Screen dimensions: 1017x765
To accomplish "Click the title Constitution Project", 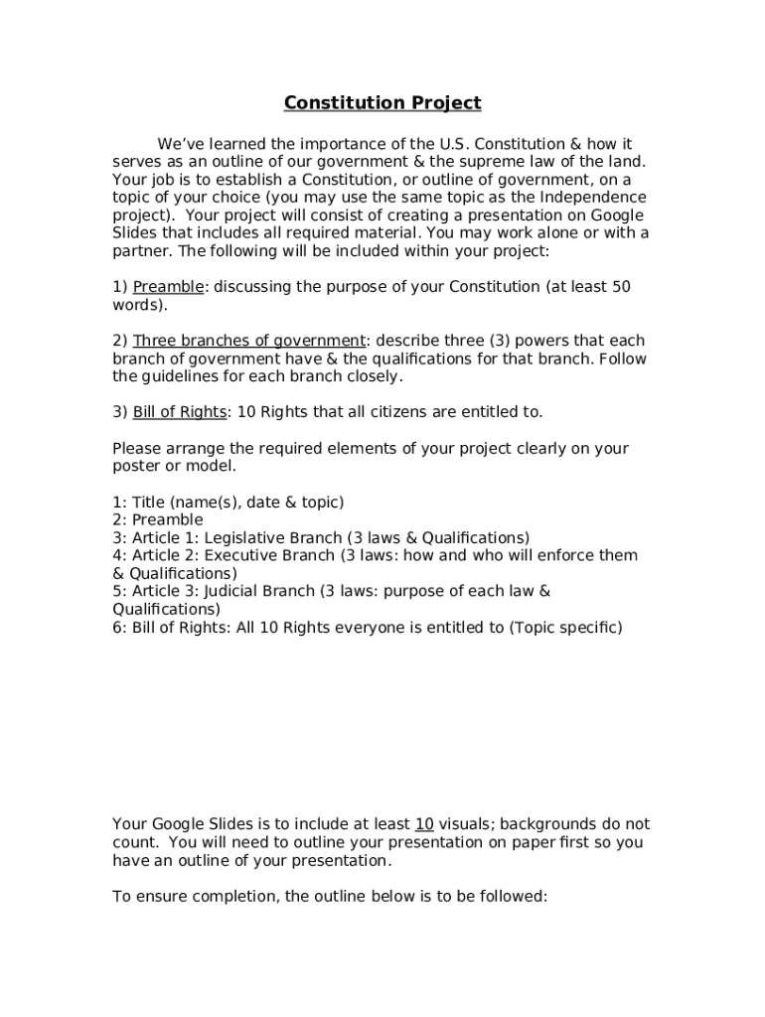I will pyautogui.click(x=382, y=103).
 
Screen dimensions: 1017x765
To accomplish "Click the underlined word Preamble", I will pyautogui.click(x=168, y=287).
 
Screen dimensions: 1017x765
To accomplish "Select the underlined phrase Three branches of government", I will pyautogui.click(x=249, y=341).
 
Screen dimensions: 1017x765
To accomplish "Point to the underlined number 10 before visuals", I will pyautogui.click(x=424, y=824).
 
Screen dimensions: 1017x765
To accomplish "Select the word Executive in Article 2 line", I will pyautogui.click(x=243, y=556).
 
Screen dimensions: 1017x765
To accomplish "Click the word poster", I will pyautogui.click(x=136, y=467).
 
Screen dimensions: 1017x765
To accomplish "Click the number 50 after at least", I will pyautogui.click(x=621, y=287).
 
